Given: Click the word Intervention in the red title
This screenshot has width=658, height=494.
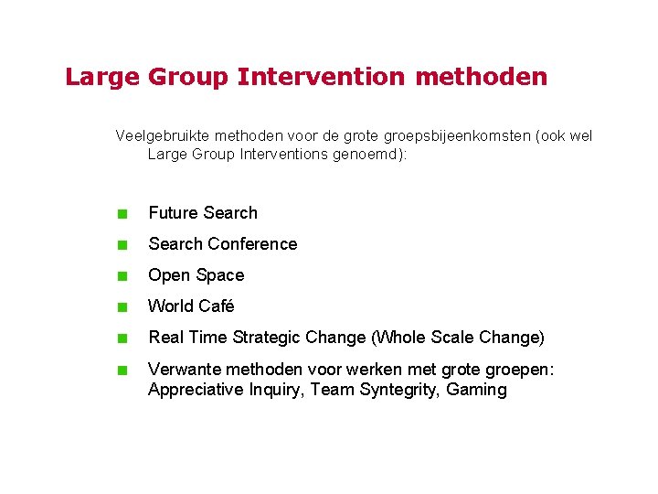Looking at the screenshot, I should click(x=321, y=77).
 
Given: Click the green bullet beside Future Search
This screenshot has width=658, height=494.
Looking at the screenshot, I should click(x=121, y=214).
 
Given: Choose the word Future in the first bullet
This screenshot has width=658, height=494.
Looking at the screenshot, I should click(x=174, y=213).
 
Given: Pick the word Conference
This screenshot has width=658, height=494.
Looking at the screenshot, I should click(x=252, y=244).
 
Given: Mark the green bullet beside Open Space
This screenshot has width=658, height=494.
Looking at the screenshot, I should click(x=121, y=276).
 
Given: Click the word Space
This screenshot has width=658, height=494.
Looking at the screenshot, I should click(x=220, y=275).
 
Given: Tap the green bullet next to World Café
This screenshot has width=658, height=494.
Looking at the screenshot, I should click(x=121, y=307).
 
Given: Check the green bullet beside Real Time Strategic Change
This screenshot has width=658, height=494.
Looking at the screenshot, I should click(x=121, y=338).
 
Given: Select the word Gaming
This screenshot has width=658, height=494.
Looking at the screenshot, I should click(x=476, y=390).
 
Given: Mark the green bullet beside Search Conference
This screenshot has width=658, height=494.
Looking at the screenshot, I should click(x=121, y=245).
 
